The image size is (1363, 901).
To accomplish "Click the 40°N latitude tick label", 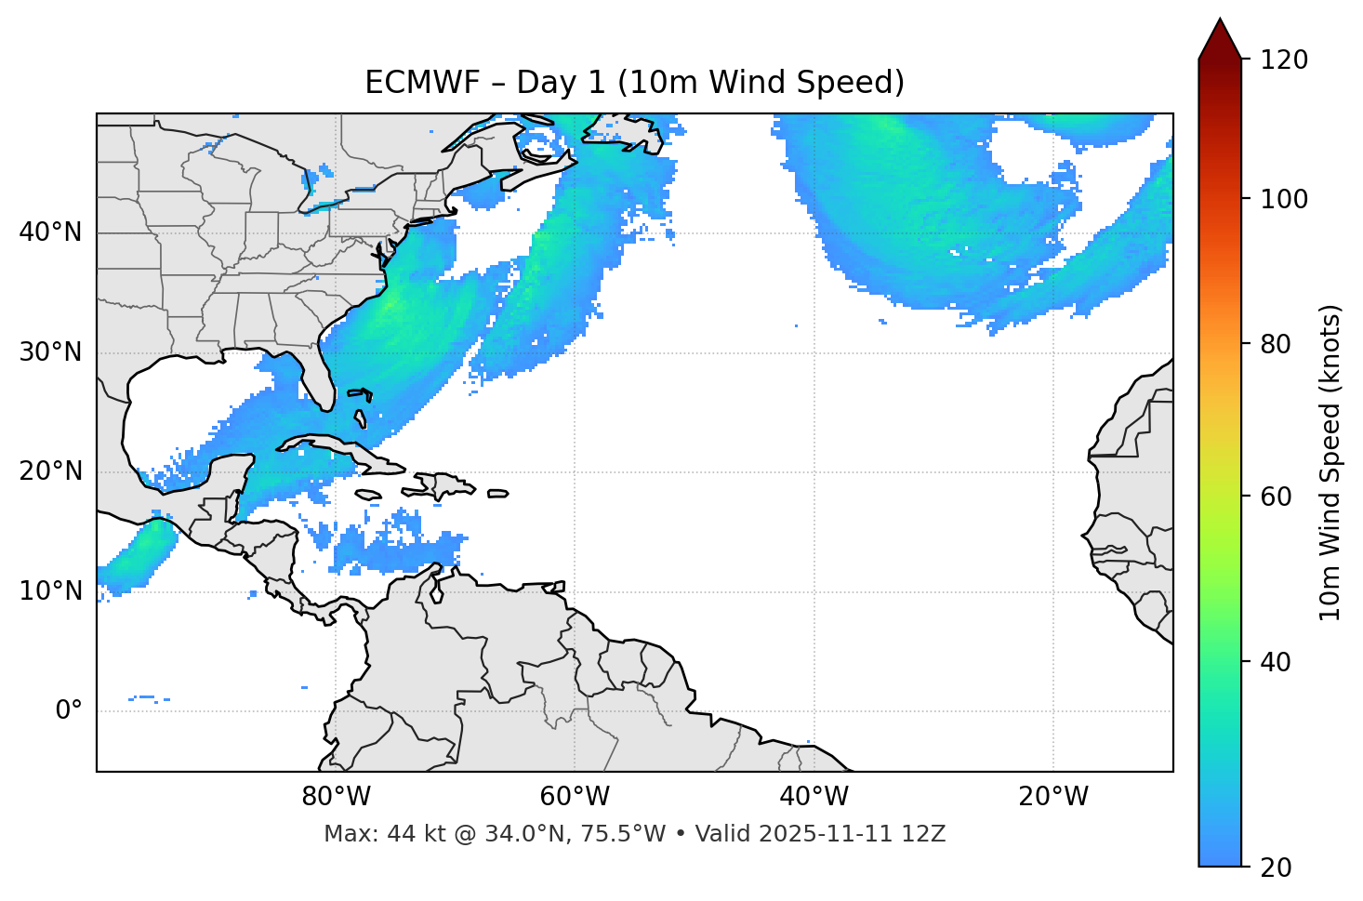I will coord(50,232).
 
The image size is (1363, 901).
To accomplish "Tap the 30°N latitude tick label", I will coord(50,352).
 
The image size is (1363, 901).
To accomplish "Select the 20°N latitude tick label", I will coord(50,471).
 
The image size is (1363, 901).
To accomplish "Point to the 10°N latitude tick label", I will coord(50,591).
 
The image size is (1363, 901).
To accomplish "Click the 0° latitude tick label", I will coord(69,711).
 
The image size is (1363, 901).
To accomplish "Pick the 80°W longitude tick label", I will coord(336,797).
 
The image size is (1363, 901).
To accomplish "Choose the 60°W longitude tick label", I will coord(575,797).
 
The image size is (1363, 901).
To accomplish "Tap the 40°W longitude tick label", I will coord(814,797).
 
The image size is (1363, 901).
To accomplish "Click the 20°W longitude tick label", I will coord(1053,797).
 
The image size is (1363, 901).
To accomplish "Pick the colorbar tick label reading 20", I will coord(1276,868).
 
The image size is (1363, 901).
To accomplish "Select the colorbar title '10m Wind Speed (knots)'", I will coord(1330,462).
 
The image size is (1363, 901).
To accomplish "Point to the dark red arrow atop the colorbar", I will coord(1220,39).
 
